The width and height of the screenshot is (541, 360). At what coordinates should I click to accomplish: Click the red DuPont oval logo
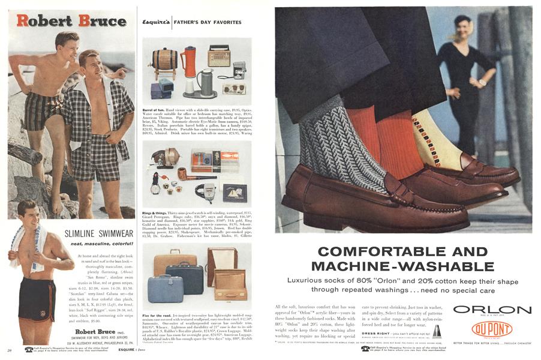[492, 329]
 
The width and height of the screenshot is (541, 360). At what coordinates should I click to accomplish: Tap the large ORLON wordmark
[492, 310]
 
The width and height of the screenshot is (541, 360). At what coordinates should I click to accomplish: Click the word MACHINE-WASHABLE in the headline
[395, 265]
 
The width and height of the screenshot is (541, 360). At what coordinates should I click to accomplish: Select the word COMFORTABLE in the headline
[395, 251]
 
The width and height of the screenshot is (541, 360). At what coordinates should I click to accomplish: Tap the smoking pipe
[184, 175]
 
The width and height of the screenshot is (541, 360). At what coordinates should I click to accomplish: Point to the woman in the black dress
[464, 84]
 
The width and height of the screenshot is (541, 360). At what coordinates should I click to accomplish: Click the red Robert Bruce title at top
[71, 20]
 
